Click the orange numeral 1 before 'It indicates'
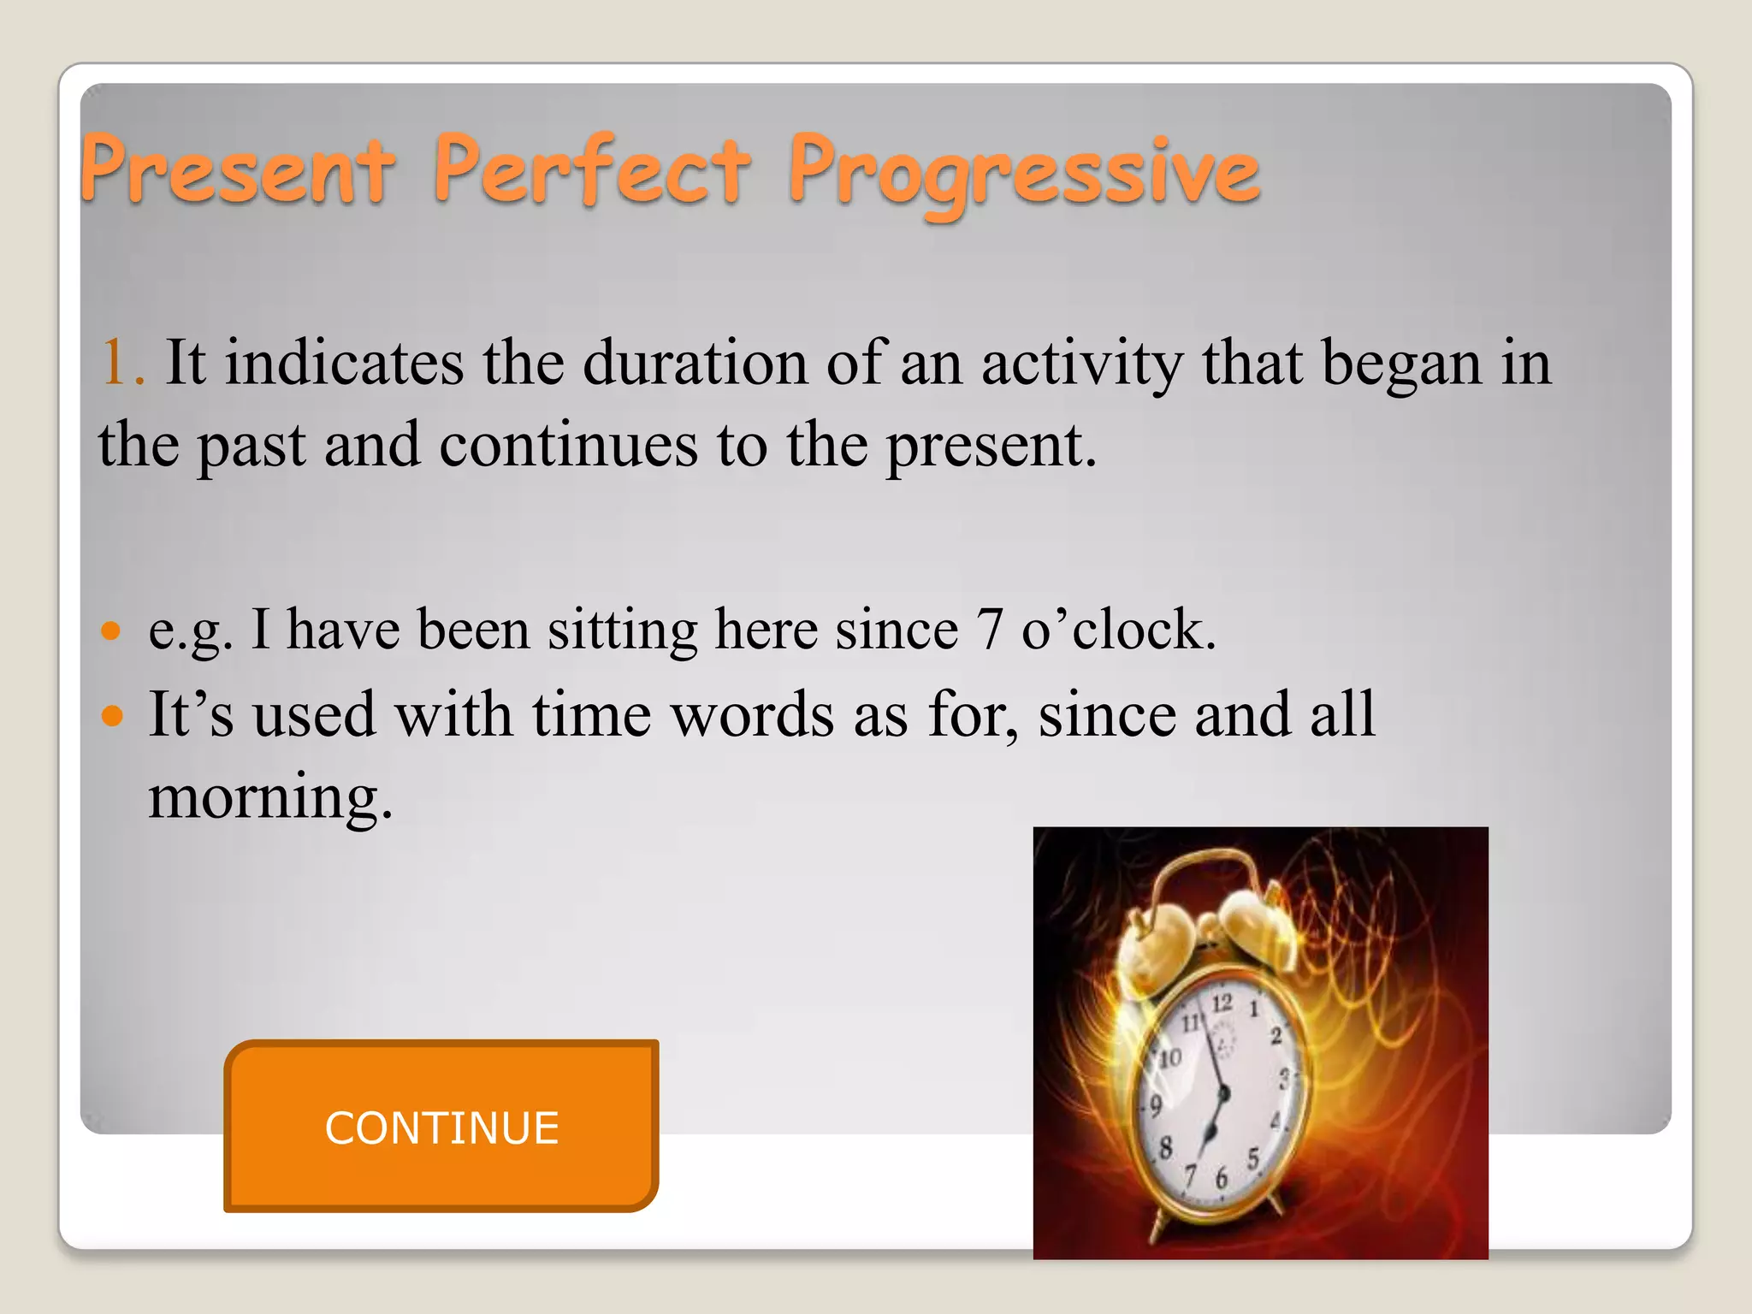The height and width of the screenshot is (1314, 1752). point(115,363)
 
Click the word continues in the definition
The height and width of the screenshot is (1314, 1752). point(568,445)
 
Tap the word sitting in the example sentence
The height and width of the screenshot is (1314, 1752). point(623,631)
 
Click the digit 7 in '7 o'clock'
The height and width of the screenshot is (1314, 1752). point(989,630)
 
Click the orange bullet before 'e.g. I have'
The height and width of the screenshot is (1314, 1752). point(112,631)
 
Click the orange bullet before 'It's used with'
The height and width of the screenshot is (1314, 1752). point(112,714)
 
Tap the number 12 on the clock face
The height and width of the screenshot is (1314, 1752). point(1222,1002)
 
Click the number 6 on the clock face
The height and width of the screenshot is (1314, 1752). point(1221,1179)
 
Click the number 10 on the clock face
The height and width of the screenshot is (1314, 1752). point(1169,1058)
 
